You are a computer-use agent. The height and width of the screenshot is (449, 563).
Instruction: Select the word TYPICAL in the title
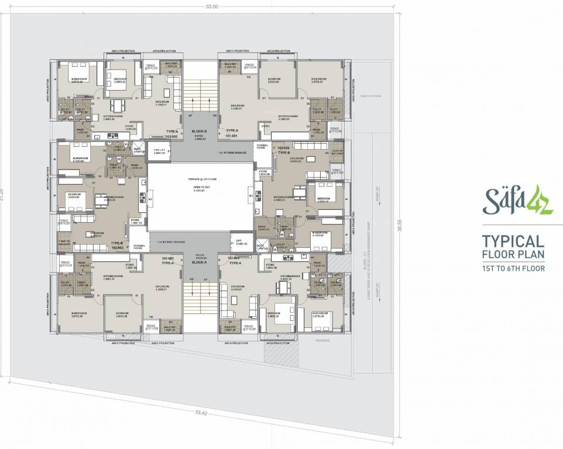[513, 241]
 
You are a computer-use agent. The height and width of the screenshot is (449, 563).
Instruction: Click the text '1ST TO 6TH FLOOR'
[513, 269]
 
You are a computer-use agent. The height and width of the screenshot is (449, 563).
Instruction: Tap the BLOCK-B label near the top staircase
[198, 132]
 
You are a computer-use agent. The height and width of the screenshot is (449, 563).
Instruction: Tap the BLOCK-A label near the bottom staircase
[198, 264]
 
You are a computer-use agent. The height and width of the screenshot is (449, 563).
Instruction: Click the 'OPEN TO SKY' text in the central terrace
[199, 188]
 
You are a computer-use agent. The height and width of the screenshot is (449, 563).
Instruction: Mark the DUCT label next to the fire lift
[138, 150]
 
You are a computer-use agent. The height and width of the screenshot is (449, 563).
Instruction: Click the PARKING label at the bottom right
[323, 340]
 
